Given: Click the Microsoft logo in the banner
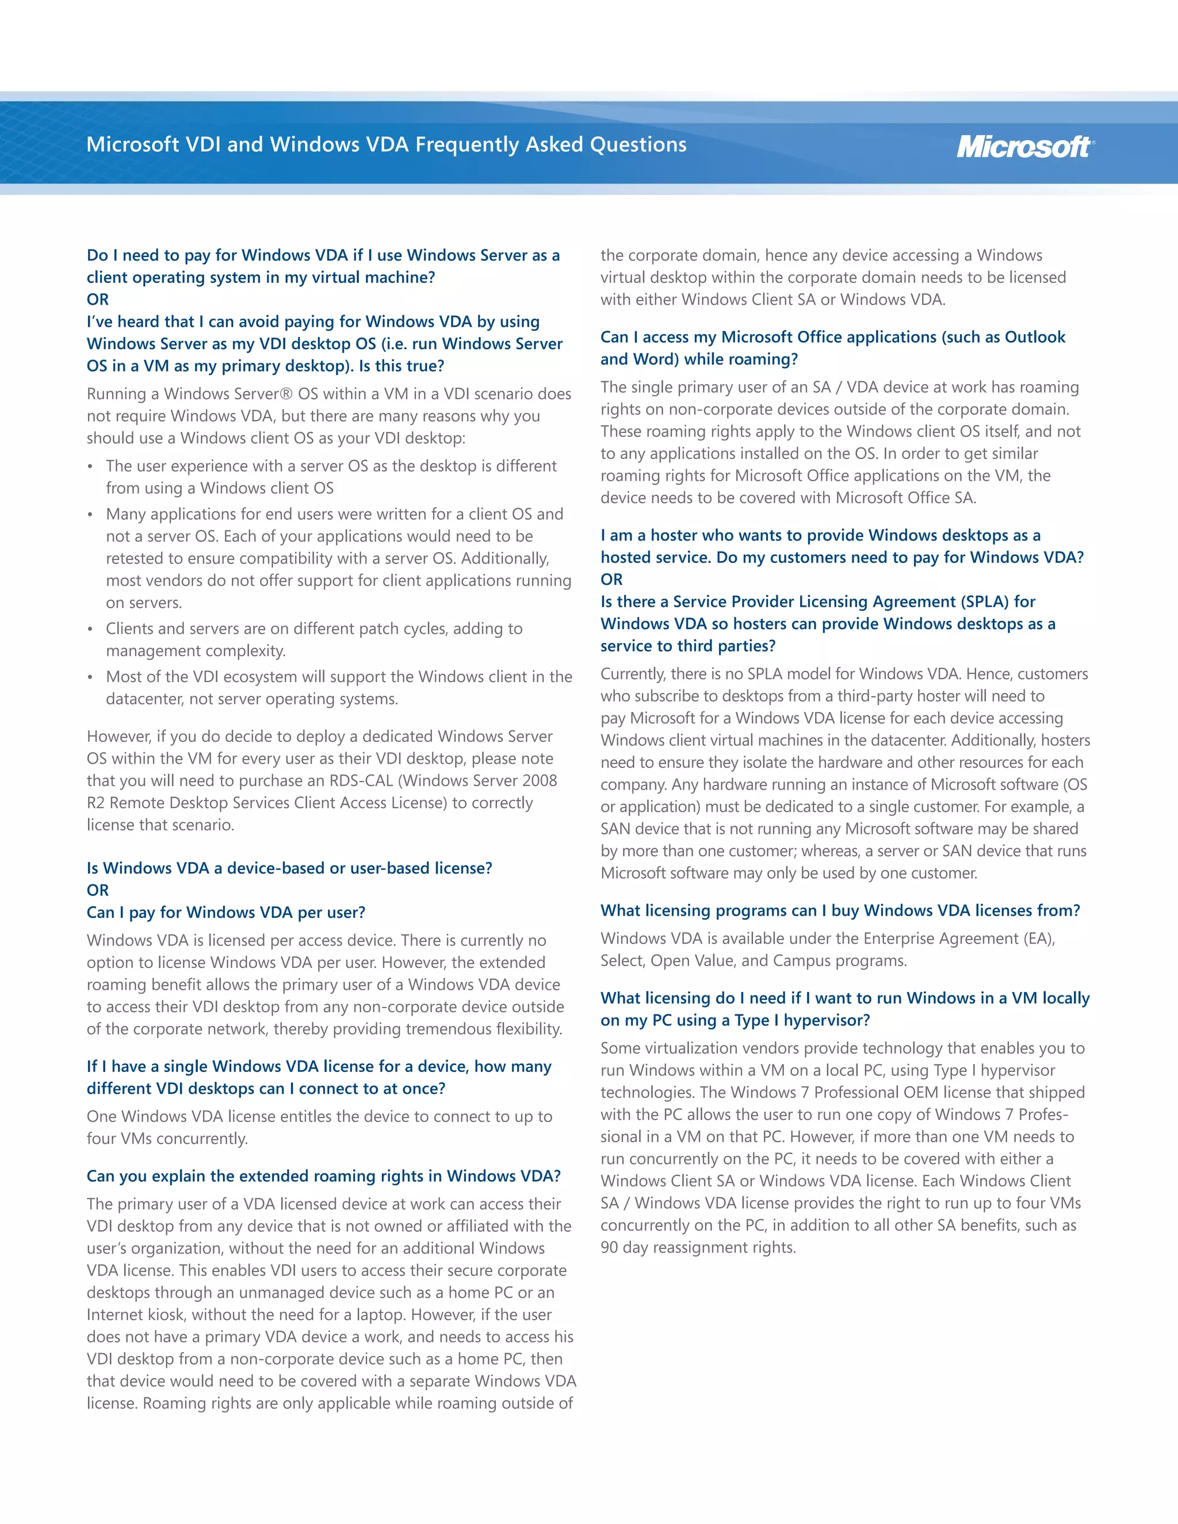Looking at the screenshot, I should (1024, 147).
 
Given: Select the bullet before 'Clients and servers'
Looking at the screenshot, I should (90, 629).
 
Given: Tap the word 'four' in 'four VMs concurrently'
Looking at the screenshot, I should (101, 1139).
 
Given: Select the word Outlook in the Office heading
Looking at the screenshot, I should (1034, 337).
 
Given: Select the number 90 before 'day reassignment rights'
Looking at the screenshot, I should (609, 1248).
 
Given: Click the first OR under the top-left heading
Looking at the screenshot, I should (98, 300).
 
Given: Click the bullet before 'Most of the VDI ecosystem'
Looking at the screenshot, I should (90, 677).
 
